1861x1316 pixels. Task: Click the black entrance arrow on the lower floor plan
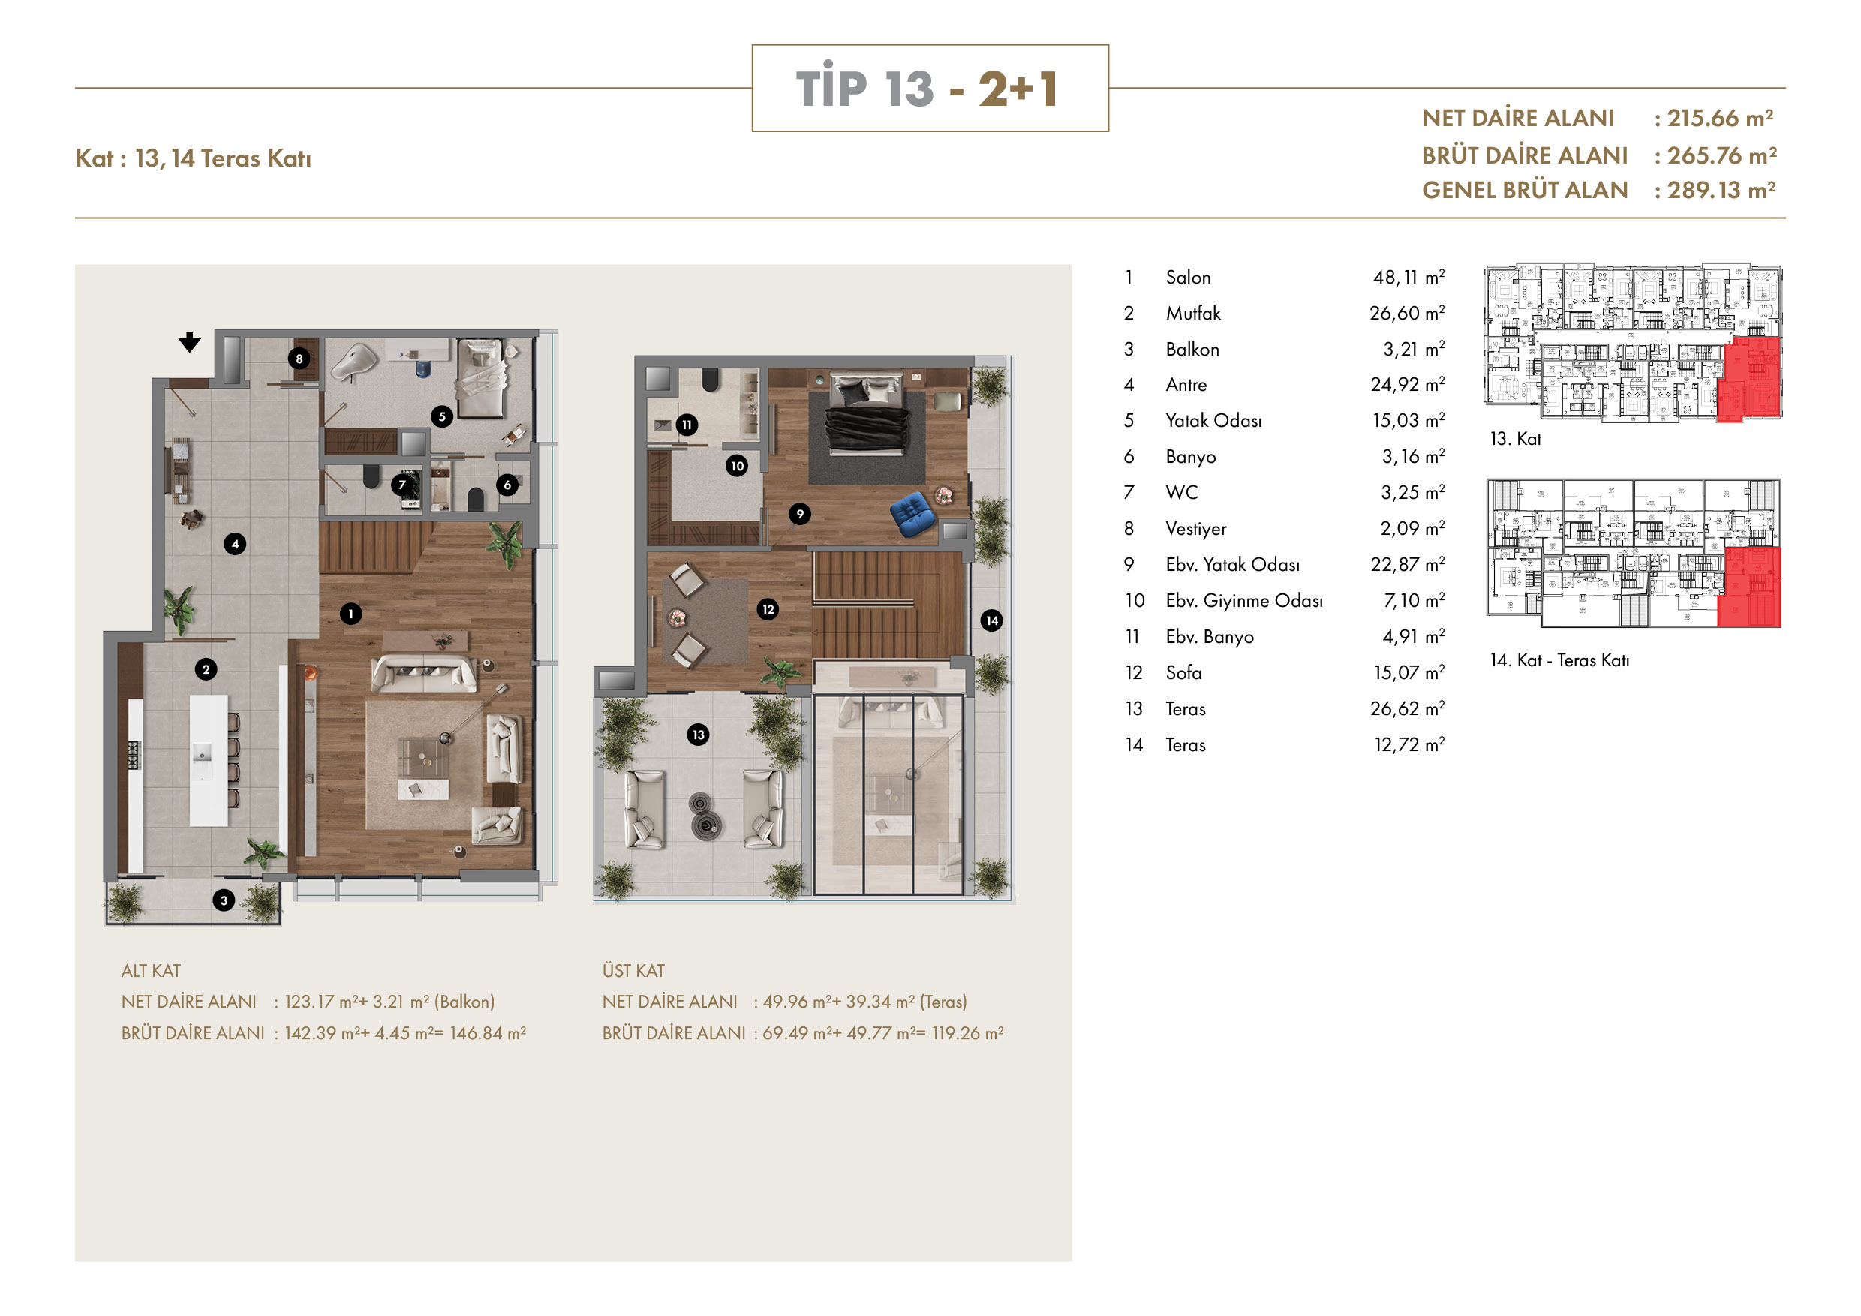tap(190, 343)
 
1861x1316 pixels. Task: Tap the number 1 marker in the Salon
tap(351, 614)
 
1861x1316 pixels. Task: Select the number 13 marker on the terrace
tap(698, 735)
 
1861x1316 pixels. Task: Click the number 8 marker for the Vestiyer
tap(299, 359)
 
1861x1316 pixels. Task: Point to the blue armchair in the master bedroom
tap(912, 514)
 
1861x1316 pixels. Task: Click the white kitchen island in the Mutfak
tap(209, 760)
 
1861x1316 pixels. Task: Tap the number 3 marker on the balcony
tap(224, 900)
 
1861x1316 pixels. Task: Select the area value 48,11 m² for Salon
tap(1409, 277)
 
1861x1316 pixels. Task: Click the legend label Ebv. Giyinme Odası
tap(1244, 601)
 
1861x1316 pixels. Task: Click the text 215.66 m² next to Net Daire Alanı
tap(1720, 119)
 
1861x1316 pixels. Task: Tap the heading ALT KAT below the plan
tap(151, 971)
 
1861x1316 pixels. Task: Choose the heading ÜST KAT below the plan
tap(633, 971)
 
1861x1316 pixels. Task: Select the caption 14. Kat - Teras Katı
tap(1559, 660)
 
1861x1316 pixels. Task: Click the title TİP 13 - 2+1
tap(928, 88)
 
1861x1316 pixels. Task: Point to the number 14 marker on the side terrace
tap(992, 620)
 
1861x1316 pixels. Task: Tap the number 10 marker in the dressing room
tap(737, 466)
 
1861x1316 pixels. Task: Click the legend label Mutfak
tap(1193, 314)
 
